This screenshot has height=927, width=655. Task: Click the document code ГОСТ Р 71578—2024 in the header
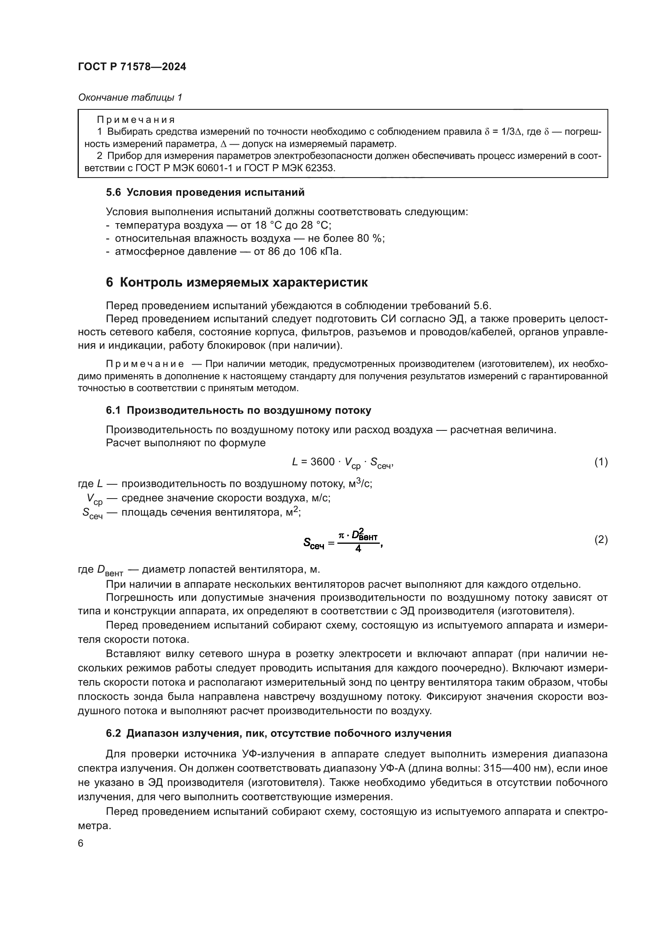132,67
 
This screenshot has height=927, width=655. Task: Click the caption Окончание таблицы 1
130,97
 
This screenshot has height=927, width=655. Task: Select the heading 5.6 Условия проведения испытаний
205,193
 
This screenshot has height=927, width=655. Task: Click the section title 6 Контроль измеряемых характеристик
237,282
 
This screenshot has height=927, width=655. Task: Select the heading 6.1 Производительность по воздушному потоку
238,411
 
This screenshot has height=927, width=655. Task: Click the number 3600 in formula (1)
322,462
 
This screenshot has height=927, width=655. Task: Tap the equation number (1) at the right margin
601,462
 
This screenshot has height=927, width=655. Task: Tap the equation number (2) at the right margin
601,540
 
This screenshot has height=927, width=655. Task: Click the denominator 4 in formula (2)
358,549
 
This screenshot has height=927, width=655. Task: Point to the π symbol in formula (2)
342,535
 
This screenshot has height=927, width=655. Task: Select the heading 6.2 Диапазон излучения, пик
278,734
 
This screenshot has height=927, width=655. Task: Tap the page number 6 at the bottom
81,843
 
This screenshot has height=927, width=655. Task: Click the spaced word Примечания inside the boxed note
136,120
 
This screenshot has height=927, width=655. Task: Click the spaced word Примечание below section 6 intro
145,364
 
